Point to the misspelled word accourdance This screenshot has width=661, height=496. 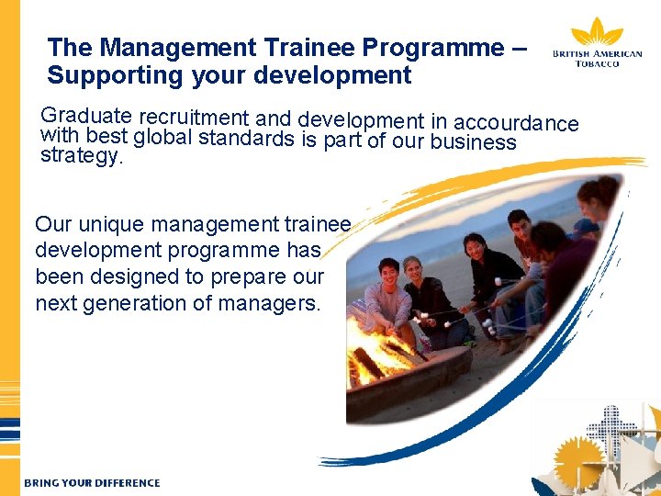coord(516,123)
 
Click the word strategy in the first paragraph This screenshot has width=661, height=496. coord(81,156)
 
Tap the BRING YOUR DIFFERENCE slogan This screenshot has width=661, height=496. coord(92,483)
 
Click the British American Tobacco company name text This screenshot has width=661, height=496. coord(597,59)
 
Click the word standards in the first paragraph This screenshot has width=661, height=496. coord(248,140)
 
